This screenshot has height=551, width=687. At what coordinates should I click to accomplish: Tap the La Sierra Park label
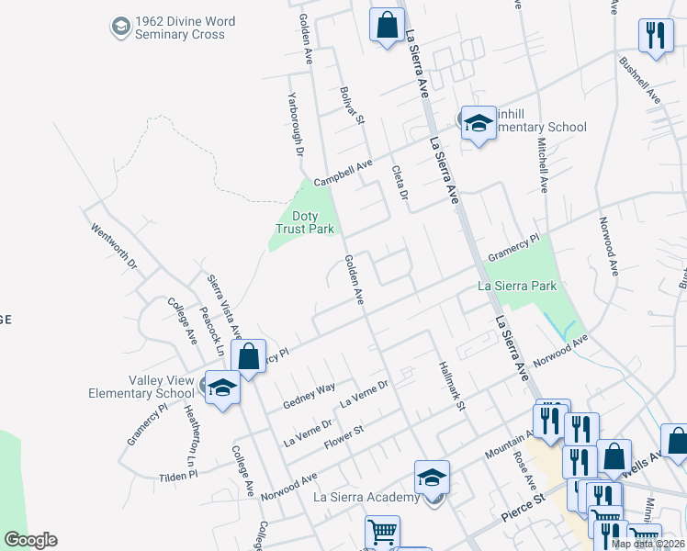(x=518, y=286)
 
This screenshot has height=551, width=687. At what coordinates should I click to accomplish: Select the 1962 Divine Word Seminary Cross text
(x=179, y=28)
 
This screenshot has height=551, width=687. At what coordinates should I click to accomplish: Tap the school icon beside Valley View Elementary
(x=221, y=388)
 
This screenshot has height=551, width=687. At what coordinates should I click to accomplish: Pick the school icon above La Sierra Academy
(x=432, y=478)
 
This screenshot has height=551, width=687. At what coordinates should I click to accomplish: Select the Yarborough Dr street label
(x=293, y=123)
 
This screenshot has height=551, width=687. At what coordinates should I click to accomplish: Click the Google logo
(x=30, y=540)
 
